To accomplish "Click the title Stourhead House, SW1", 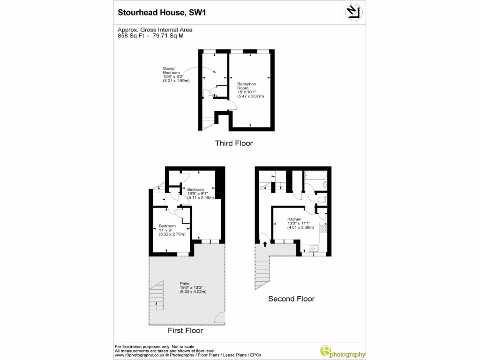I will [x=162, y=13].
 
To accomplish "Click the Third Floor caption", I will [x=233, y=143].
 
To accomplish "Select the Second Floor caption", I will [x=291, y=299].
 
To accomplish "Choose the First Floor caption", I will [x=185, y=330].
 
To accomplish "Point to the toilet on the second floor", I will [x=321, y=200].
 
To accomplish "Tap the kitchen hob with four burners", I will [x=323, y=229].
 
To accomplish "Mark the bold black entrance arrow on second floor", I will [x=265, y=244].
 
